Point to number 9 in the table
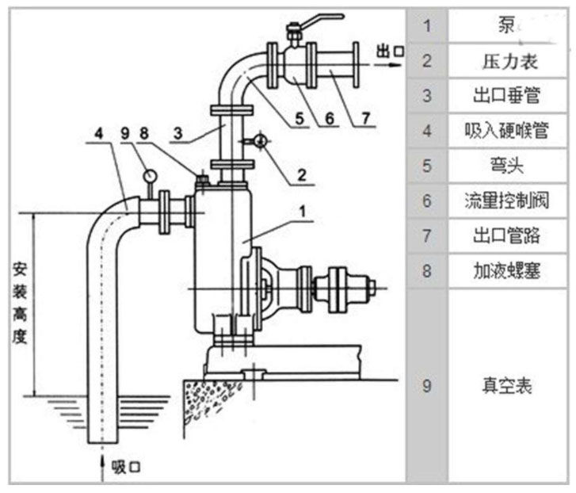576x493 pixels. pos(427,386)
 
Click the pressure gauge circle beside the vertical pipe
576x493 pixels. pos(262,141)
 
